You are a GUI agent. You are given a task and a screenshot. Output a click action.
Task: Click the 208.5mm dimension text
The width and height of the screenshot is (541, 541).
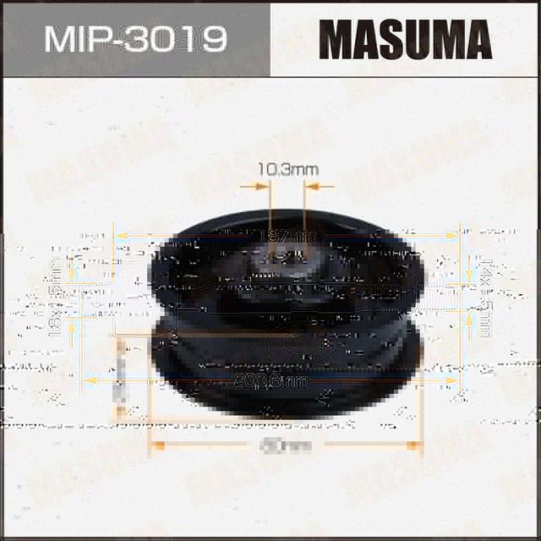284,382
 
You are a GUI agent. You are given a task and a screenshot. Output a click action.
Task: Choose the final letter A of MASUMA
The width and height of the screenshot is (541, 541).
476,39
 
